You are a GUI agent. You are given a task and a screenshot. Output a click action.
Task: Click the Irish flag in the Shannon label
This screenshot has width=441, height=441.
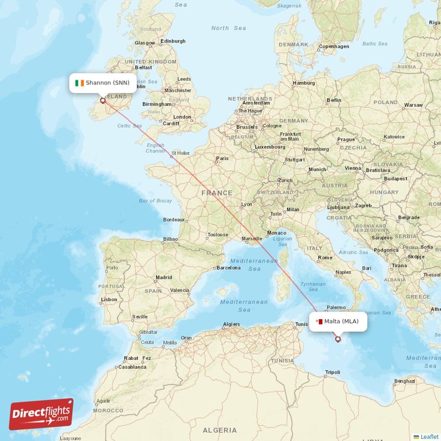tap(80, 83)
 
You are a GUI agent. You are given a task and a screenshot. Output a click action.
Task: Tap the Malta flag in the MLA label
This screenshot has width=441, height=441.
tap(319, 321)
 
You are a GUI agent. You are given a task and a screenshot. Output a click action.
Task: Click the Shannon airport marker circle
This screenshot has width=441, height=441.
tap(103, 101)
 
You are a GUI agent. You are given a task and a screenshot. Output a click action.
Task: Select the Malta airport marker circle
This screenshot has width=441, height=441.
tap(338, 339)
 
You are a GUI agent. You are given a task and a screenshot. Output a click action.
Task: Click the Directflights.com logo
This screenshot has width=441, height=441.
tap(41, 414)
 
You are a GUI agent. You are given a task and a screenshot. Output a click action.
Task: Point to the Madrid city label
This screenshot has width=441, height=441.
tap(164, 277)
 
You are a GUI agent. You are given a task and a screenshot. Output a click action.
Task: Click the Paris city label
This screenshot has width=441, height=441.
tap(222, 159)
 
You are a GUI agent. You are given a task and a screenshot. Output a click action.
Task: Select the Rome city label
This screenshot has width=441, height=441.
tap(325, 257)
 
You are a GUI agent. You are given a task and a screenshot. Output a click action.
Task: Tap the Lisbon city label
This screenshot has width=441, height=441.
tap(109, 299)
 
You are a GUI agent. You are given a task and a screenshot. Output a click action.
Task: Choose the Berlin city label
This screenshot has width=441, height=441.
tap(334, 100)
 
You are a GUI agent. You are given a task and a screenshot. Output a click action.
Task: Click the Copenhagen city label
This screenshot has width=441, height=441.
tap(334, 46)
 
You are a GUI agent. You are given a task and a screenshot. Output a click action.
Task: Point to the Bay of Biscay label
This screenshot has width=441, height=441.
tap(155, 201)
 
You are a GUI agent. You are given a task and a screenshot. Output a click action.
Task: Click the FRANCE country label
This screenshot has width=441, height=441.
tap(217, 193)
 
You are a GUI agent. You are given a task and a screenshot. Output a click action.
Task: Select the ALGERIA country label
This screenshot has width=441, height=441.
tap(219, 430)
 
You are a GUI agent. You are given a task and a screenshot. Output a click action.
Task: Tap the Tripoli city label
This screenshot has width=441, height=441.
tap(333, 372)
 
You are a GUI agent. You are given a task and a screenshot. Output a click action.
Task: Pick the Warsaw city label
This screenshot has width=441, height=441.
tap(413, 105)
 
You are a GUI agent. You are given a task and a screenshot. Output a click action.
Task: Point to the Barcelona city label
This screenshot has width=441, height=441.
tap(229, 268)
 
